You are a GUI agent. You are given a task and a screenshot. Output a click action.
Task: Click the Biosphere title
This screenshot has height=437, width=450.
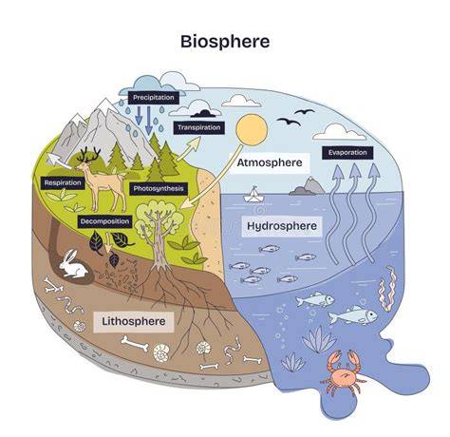coord(225,42)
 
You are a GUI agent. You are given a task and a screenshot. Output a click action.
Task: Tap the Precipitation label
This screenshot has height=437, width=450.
coord(154,97)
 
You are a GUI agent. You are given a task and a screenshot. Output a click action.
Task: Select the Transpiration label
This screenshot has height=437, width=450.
coord(199,127)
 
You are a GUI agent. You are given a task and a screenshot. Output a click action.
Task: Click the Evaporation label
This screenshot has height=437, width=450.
coord(347,153)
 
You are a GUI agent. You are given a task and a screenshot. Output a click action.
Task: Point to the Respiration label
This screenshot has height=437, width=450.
coord(63,182)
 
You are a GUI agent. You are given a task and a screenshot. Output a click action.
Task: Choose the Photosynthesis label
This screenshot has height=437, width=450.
coord(159,189)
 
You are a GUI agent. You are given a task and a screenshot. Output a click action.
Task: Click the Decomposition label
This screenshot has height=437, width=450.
coord(104,221)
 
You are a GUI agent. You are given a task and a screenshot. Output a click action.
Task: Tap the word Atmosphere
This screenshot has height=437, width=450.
coord(270,162)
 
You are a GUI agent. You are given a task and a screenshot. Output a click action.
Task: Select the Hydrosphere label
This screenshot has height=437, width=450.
coord(282,226)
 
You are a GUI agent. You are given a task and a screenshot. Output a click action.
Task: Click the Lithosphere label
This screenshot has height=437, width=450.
coord(134,321)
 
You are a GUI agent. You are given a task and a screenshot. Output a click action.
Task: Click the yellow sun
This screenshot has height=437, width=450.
coord(252,130)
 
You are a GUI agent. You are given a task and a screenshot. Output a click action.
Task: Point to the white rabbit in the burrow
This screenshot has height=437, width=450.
coord(73,265)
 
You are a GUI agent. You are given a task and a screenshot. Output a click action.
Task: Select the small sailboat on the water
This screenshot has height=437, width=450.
coord(253,195)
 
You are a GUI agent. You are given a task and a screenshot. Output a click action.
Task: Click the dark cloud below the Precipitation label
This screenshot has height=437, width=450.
coord(205,114)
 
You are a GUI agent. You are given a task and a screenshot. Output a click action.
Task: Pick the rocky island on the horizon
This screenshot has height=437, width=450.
coord(308,186)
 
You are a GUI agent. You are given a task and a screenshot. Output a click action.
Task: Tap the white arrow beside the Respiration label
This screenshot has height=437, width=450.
coord(59,161)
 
